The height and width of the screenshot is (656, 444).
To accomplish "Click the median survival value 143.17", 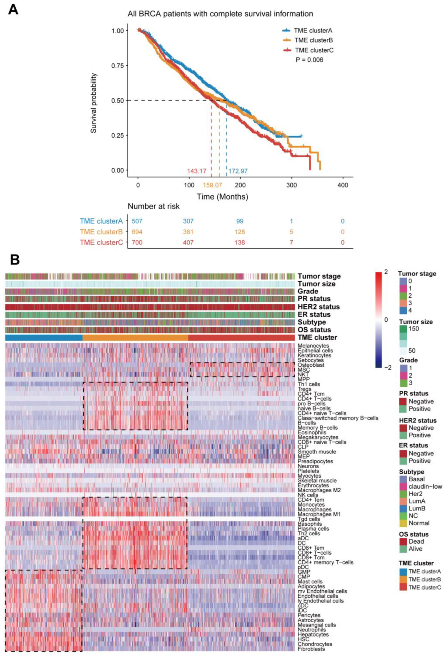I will (197, 171).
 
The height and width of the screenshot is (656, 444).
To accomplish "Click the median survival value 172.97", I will (238, 171).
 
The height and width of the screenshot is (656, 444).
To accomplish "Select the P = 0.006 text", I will (309, 60).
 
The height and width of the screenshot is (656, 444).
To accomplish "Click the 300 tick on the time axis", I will (291, 185).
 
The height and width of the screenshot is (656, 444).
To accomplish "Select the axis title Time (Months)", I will (222, 196).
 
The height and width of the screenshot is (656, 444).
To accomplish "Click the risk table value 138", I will (240, 242).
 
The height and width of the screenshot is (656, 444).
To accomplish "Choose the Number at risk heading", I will (153, 206).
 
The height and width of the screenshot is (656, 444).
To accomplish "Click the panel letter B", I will (15, 260).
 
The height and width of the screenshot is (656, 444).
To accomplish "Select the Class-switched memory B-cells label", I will (338, 418).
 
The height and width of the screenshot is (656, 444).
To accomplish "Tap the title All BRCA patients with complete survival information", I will (220, 14).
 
